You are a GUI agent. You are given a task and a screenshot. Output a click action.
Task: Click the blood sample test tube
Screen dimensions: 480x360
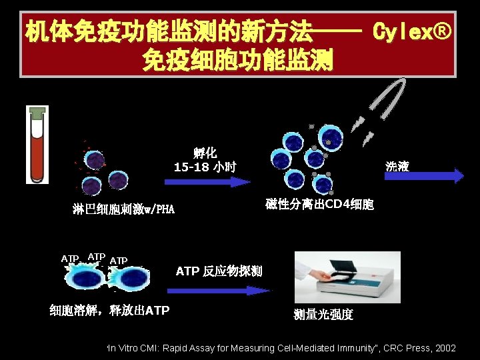pos(37,147)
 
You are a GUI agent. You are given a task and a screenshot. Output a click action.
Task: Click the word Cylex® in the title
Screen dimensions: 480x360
pos(413,31)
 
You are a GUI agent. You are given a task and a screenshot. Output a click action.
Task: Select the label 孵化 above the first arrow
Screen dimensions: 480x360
pos(205,153)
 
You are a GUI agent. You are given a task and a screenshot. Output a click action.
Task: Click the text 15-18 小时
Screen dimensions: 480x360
pos(205,167)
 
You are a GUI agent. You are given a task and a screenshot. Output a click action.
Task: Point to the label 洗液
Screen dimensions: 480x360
pos(397,166)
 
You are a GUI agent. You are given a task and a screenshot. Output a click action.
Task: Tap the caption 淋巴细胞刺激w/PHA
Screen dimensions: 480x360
pos(123,210)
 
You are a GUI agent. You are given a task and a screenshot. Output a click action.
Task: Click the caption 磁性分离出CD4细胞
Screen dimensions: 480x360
pos(319,204)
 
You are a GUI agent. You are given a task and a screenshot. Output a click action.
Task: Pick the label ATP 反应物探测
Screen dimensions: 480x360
pos(219,271)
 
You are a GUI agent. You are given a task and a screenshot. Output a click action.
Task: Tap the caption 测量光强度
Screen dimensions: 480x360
pos(323,314)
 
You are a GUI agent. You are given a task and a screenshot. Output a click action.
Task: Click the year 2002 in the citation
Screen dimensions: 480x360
pos(444,349)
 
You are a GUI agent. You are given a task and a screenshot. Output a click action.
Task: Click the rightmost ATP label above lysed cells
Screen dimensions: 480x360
pos(118,260)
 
